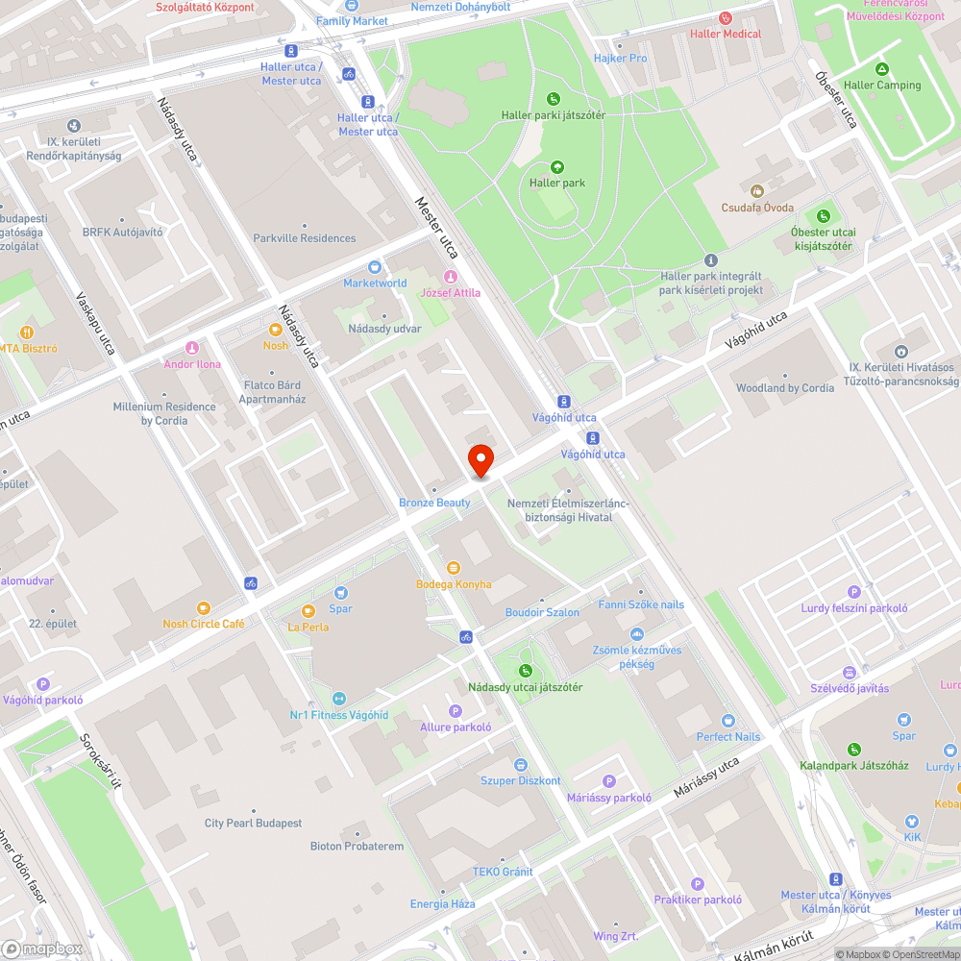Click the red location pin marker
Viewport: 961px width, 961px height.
coord(480,460)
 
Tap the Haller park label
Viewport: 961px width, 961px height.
coord(557,183)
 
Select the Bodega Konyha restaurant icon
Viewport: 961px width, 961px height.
coord(454,568)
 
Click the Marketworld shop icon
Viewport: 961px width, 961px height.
coord(376,267)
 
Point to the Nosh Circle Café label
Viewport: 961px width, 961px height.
coord(204,624)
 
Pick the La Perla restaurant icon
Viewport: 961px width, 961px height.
coord(308,611)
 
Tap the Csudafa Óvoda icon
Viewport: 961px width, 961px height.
coord(757,191)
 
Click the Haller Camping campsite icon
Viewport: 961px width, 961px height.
coord(882,69)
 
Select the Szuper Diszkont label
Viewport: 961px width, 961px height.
coord(520,780)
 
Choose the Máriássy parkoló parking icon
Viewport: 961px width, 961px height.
coord(608,781)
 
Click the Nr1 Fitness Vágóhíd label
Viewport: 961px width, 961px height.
coord(339,715)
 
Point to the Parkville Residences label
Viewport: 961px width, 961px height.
coord(305,238)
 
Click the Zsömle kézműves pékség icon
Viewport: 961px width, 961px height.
coord(636,634)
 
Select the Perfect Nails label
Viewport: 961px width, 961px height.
coord(727,737)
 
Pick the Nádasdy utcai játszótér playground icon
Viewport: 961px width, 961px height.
coord(525,671)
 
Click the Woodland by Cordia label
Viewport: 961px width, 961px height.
coord(785,388)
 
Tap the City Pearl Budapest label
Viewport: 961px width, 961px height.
coord(253,824)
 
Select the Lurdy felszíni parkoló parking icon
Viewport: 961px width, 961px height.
coord(853,592)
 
